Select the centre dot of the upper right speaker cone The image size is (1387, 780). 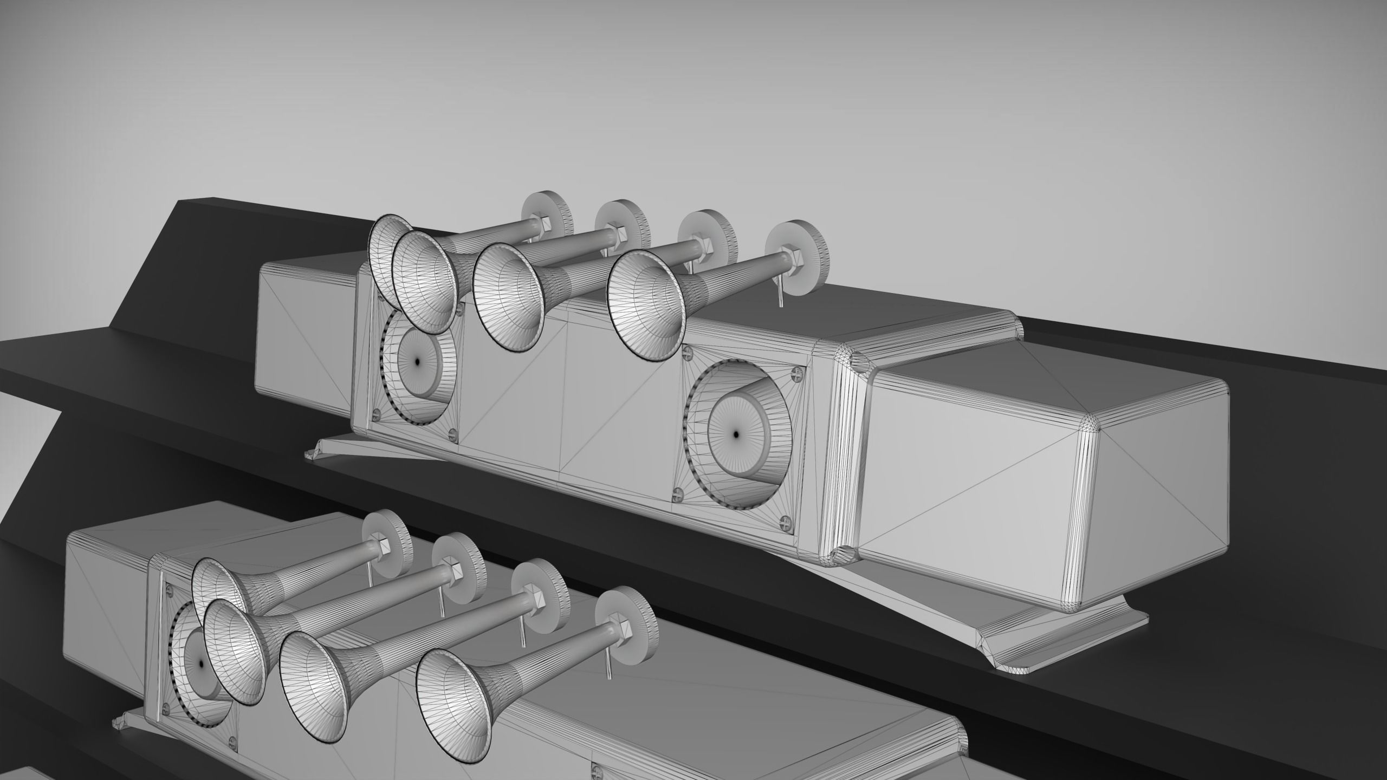tap(735, 419)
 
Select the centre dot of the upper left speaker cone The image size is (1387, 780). tap(418, 360)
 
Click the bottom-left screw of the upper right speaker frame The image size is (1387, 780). tap(678, 494)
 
